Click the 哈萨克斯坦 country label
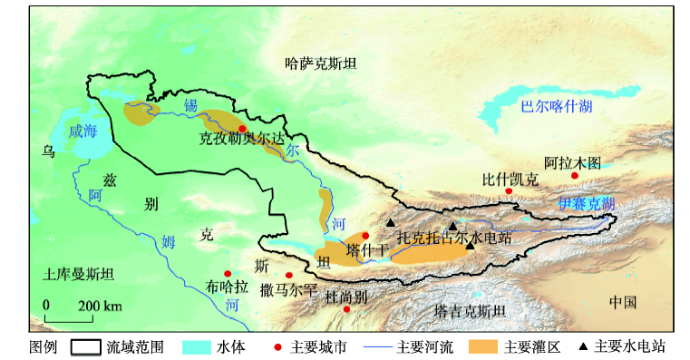(x=321, y=63)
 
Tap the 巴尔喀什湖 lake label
(x=556, y=107)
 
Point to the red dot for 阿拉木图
(x=574, y=176)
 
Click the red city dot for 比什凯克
(x=510, y=191)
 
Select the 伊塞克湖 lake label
(x=586, y=203)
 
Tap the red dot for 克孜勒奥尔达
(x=242, y=128)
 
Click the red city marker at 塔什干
(x=365, y=236)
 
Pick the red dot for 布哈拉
(x=228, y=274)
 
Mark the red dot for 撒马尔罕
(x=289, y=276)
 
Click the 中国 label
(x=623, y=302)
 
